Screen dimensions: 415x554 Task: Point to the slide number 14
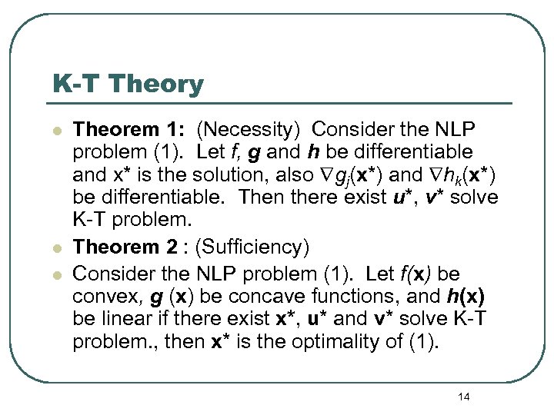pyautogui.click(x=463, y=396)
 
